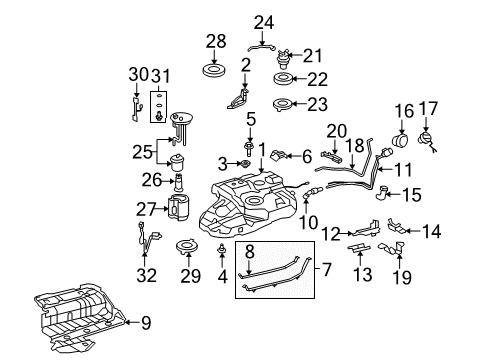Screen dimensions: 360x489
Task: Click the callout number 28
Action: [x=216, y=41]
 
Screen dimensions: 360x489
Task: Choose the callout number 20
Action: [x=335, y=129]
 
